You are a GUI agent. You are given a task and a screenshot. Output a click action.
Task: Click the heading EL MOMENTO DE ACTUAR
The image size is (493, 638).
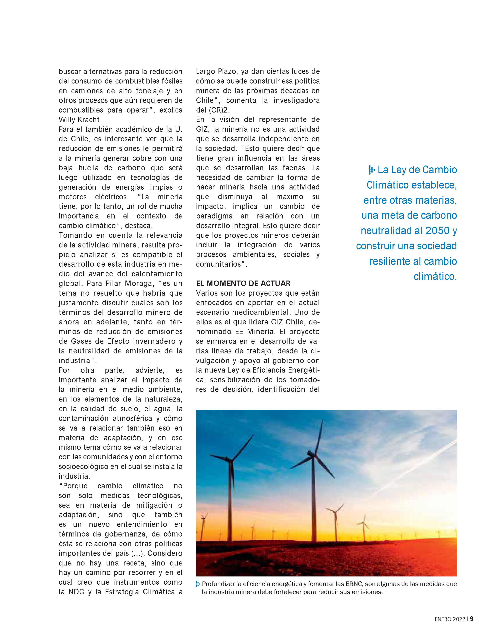243,283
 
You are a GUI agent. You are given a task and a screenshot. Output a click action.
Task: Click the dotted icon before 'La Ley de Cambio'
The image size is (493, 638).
371,170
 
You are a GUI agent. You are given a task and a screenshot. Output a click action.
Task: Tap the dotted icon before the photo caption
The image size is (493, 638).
198,584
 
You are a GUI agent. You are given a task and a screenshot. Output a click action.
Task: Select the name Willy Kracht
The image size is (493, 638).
80,119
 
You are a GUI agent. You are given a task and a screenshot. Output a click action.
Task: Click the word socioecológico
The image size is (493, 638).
84,467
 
